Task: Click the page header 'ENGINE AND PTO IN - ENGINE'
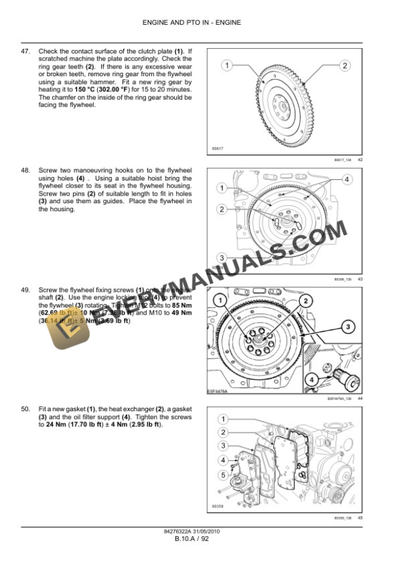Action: coord(200,23)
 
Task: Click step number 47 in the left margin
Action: coord(26,51)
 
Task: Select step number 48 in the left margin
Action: coord(26,171)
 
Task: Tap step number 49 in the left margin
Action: coord(26,289)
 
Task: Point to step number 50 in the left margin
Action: coord(26,409)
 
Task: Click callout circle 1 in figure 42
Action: coord(226,65)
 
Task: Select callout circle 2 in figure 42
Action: coord(345,65)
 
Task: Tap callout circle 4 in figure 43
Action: coord(347,179)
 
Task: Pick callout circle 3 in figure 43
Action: coord(222,257)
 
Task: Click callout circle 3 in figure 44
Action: coord(348,326)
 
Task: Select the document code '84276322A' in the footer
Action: coord(178,531)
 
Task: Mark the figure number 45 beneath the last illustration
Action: coord(360,518)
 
